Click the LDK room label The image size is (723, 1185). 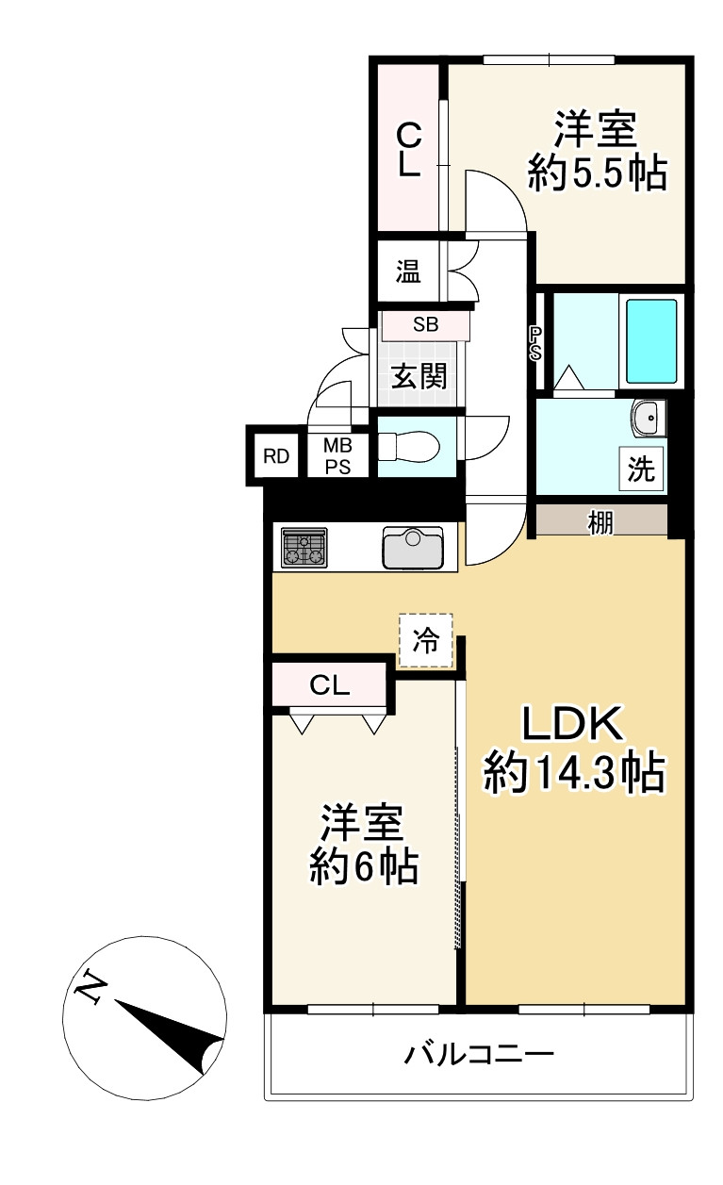tap(572, 725)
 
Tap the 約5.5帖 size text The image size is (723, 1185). tap(597, 174)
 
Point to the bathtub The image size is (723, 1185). tap(651, 340)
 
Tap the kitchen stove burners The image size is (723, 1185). tap(304, 548)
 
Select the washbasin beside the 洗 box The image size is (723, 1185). tap(648, 418)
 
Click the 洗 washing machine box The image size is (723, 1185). tap(642, 469)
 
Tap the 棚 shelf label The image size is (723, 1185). tap(601, 521)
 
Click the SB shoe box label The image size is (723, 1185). tap(425, 325)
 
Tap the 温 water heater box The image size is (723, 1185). tap(407, 272)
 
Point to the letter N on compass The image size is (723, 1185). tap(91, 987)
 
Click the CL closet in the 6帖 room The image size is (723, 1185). tap(330, 685)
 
